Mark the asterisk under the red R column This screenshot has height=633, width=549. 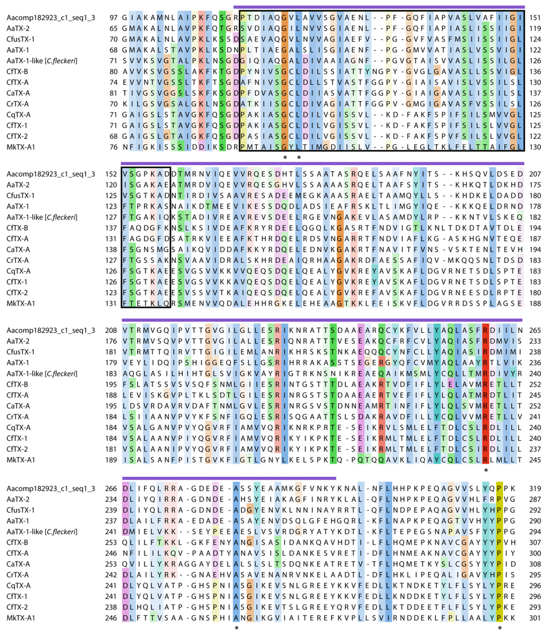[x=486, y=470]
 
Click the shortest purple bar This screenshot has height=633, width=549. [x=229, y=477]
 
